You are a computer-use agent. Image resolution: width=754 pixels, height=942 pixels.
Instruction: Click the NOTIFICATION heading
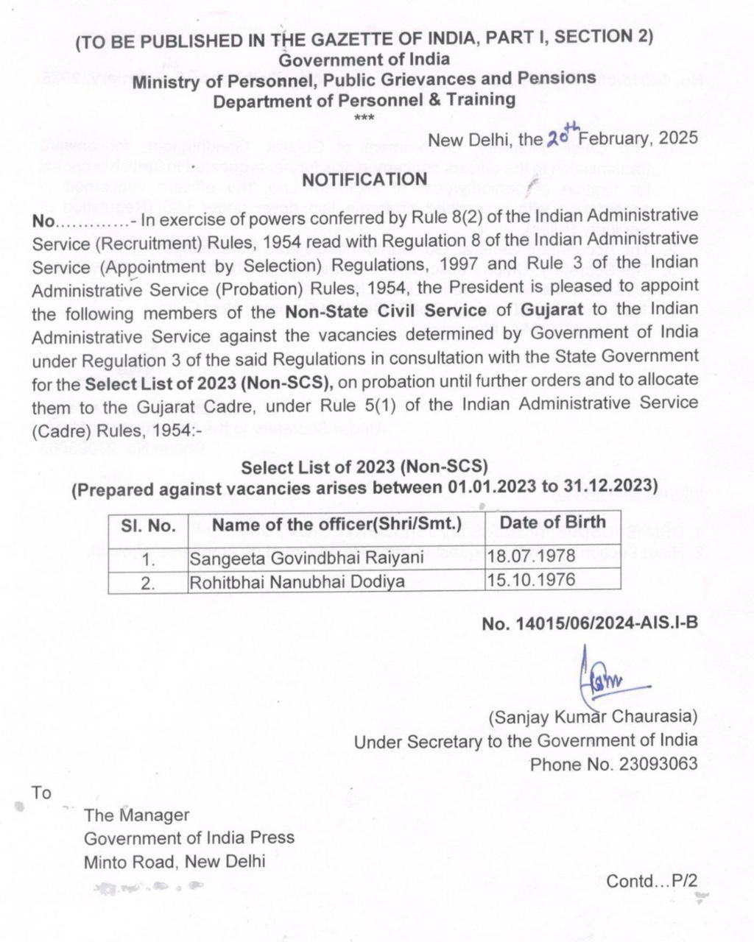(x=364, y=179)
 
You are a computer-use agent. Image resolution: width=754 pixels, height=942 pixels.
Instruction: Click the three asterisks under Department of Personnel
(x=364, y=118)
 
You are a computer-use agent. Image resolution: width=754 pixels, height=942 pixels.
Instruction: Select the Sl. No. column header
(x=148, y=525)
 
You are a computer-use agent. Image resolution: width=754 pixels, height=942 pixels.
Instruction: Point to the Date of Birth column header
(x=552, y=522)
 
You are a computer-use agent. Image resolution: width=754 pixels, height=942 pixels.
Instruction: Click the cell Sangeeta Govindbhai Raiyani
(x=306, y=557)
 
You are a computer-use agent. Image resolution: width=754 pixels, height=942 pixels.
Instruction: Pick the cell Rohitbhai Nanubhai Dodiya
(x=297, y=582)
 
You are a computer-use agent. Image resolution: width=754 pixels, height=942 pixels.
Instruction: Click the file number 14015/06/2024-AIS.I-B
(x=589, y=624)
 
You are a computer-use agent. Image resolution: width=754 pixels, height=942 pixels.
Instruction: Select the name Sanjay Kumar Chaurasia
(x=593, y=716)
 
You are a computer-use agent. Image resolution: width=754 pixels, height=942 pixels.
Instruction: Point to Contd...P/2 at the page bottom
(x=651, y=881)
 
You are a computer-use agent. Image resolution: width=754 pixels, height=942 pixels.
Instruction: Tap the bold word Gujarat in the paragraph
(x=552, y=309)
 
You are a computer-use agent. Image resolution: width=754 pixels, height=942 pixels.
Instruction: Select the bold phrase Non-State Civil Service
(x=387, y=310)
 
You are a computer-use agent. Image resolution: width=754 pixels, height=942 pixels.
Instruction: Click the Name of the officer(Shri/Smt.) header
(x=337, y=524)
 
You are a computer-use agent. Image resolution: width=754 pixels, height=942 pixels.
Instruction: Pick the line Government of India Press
(x=188, y=837)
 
